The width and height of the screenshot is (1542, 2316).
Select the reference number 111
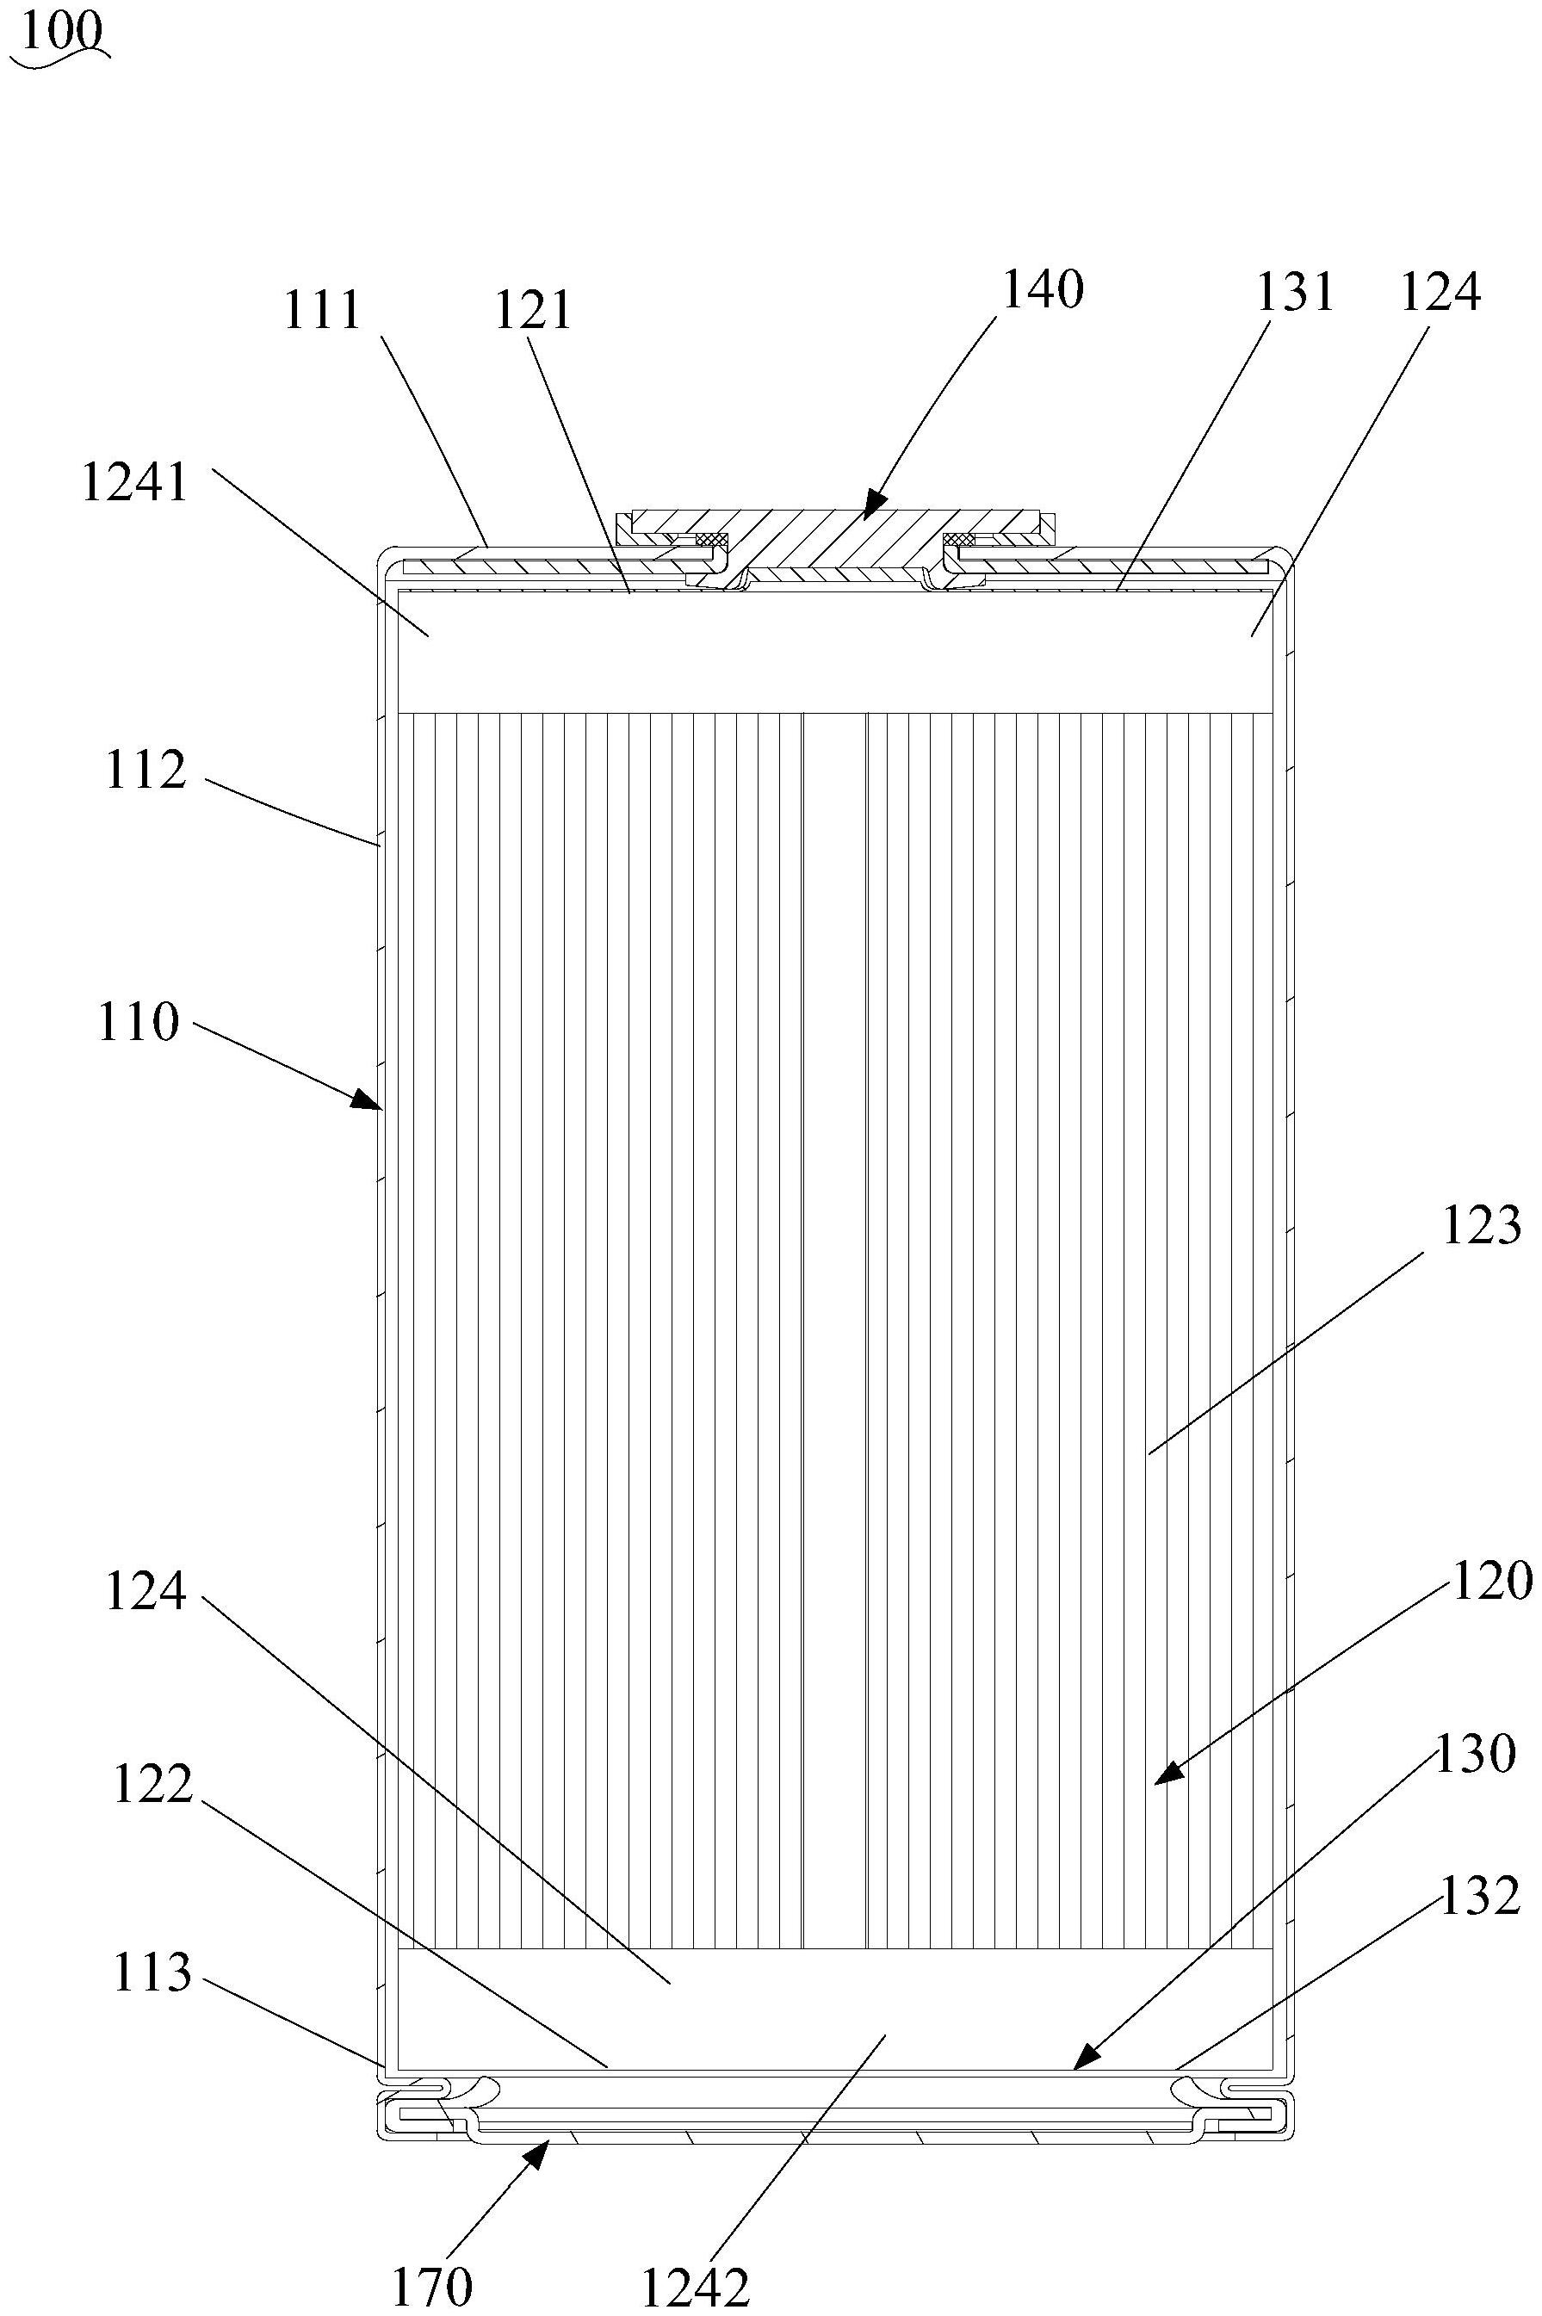(323, 311)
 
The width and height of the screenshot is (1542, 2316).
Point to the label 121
(533, 311)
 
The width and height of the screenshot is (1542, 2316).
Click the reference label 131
(1294, 292)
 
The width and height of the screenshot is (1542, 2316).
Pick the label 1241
(133, 484)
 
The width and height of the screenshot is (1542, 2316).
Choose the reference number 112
(146, 770)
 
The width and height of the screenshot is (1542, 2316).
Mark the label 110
(138, 1023)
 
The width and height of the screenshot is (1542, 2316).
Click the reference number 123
(1481, 1226)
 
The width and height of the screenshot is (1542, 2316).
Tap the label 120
(1492, 1582)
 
